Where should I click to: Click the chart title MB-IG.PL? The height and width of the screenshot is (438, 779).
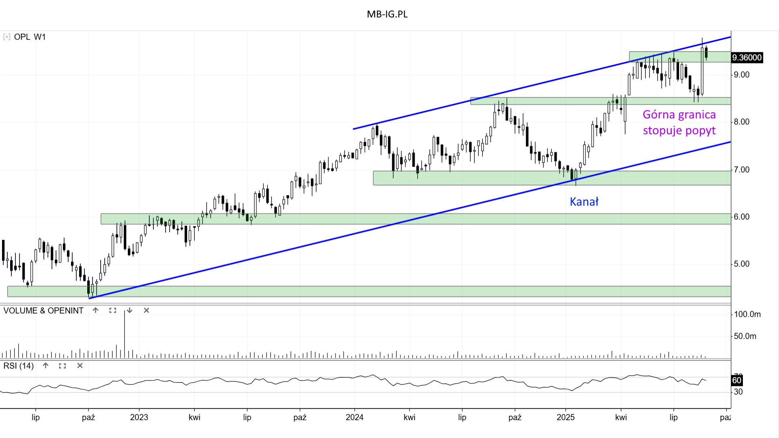click(x=387, y=14)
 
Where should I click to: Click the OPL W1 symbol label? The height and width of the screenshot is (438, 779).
click(x=30, y=37)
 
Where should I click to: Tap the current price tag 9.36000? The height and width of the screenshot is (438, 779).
click(x=747, y=58)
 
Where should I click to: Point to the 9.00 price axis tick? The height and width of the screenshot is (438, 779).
click(x=741, y=75)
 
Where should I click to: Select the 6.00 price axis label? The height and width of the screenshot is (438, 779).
click(x=741, y=217)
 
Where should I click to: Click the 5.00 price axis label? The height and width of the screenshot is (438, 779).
click(x=741, y=264)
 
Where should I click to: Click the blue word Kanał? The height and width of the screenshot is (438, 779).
click(x=584, y=202)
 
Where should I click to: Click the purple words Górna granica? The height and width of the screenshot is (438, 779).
click(x=679, y=115)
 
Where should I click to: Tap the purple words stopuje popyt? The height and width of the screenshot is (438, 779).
click(x=679, y=131)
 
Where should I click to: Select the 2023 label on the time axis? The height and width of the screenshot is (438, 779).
click(x=139, y=417)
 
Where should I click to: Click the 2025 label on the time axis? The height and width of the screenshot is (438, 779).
click(x=565, y=417)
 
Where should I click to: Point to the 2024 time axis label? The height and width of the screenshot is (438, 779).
click(x=354, y=417)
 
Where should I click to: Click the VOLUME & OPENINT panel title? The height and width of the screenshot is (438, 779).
click(x=43, y=311)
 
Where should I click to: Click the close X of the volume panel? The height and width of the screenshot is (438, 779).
click(x=146, y=311)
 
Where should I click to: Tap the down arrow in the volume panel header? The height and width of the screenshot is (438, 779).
click(x=129, y=311)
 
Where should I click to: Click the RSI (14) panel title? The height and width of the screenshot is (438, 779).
click(x=19, y=366)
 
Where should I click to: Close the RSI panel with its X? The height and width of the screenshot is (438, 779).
click(x=80, y=366)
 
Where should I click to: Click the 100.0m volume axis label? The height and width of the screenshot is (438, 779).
click(x=747, y=314)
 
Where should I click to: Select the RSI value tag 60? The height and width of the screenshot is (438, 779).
click(x=736, y=380)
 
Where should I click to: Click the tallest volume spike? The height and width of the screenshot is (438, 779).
click(x=125, y=333)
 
